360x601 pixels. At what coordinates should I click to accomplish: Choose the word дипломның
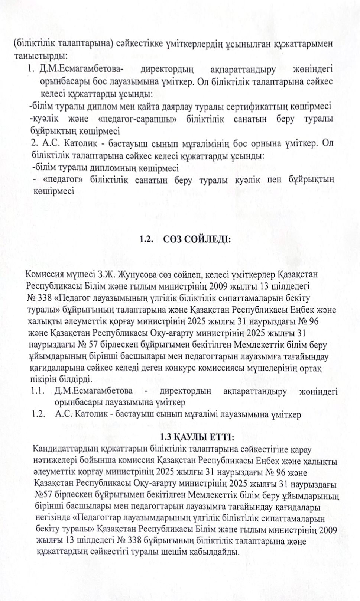pyautogui.click(x=127, y=168)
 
